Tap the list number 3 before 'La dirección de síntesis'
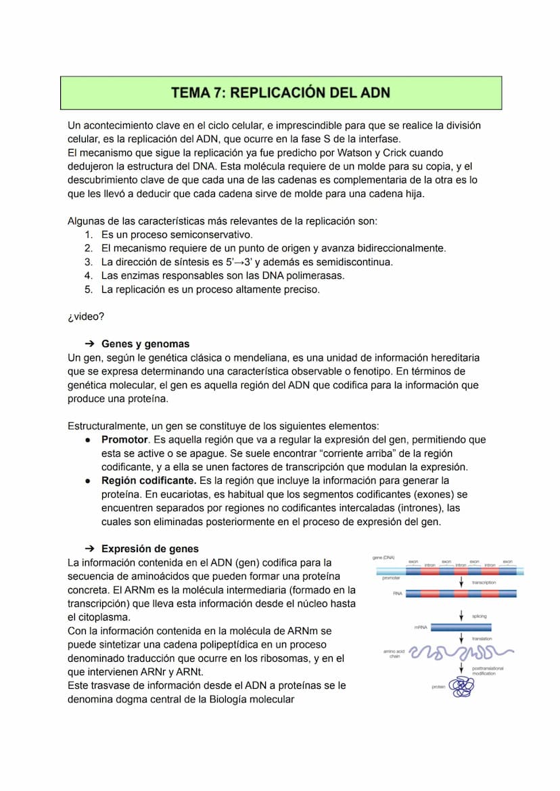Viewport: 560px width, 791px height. click(x=88, y=262)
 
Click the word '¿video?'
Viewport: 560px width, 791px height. click(x=86, y=317)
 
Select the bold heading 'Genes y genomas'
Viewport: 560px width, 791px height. click(x=145, y=344)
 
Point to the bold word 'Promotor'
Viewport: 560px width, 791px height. click(x=125, y=440)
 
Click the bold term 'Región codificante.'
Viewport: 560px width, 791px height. click(x=149, y=480)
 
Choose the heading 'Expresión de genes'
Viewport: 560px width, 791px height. click(x=150, y=549)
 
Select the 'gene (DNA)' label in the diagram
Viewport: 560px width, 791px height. click(x=383, y=558)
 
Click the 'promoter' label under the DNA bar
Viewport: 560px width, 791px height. click(x=391, y=579)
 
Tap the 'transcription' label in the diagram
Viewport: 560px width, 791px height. click(x=484, y=583)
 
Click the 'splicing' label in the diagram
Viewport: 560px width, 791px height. click(x=480, y=616)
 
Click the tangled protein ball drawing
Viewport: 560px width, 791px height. click(x=462, y=687)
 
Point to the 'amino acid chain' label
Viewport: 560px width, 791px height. click(x=394, y=654)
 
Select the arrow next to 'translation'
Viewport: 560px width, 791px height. click(x=461, y=638)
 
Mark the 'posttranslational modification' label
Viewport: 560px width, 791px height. click(x=488, y=671)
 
